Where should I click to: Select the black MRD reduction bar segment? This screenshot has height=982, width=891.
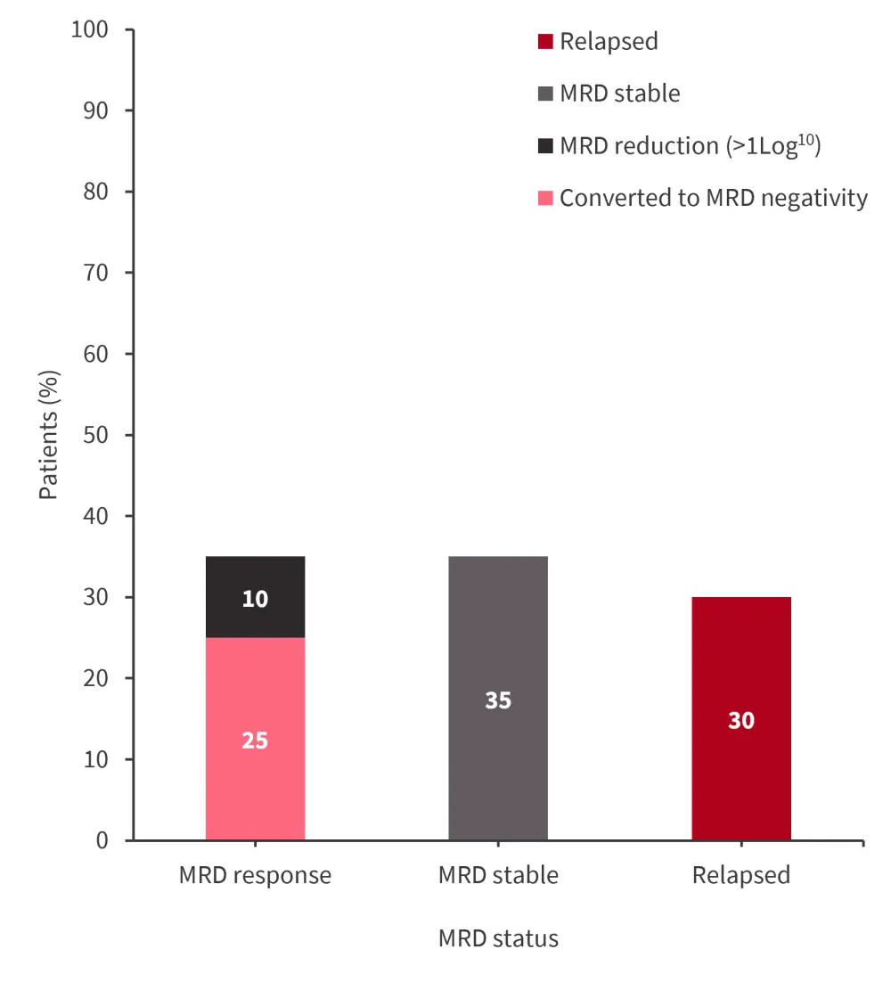point(255,575)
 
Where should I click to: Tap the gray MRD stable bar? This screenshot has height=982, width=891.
point(498,642)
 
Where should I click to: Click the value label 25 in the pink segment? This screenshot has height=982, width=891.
point(255,741)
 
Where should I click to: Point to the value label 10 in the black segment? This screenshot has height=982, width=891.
point(255,599)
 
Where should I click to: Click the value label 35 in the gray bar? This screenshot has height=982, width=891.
point(498,700)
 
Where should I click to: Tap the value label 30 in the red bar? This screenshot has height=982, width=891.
point(740,720)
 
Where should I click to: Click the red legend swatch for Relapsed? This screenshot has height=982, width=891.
point(545,41)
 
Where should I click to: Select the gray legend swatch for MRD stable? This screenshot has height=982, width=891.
point(545,94)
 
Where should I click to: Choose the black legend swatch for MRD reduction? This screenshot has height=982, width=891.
point(545,146)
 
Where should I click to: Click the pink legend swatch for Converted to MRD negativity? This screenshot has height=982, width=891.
point(545,198)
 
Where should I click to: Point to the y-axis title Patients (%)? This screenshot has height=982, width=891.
point(48,435)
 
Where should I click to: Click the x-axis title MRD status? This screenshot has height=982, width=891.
point(498,938)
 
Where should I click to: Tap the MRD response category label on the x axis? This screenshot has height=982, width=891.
point(255,875)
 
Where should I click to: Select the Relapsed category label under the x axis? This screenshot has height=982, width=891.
point(740,875)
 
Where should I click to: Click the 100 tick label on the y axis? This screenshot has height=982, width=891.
point(89,29)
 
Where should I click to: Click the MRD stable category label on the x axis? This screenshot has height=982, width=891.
point(498,875)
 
